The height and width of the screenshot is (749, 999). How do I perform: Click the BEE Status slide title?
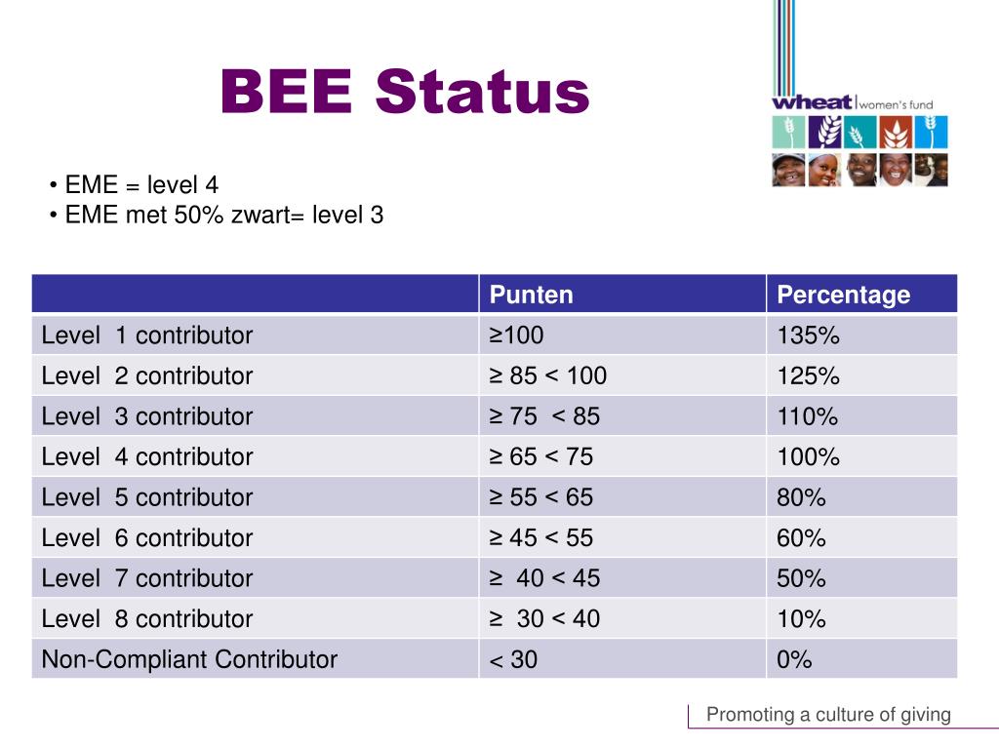tap(405, 93)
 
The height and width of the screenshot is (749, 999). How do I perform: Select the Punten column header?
tap(532, 295)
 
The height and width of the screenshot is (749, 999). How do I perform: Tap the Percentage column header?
tap(843, 295)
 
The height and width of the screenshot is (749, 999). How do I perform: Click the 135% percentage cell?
tap(808, 335)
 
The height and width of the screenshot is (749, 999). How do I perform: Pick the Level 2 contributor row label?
tap(146, 376)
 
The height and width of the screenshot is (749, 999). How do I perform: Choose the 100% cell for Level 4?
tap(808, 457)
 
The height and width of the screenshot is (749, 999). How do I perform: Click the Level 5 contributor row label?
tap(146, 497)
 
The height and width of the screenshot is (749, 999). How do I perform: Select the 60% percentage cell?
tap(801, 538)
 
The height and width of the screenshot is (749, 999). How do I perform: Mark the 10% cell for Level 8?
tap(801, 619)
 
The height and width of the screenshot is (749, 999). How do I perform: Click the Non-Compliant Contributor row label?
tap(189, 660)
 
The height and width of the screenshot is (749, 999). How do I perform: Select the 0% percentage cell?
tap(794, 660)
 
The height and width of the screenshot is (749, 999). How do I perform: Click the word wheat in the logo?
tap(812, 102)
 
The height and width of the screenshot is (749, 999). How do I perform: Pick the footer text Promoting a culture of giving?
tap(828, 715)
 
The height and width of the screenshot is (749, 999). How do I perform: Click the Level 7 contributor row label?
tap(146, 578)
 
